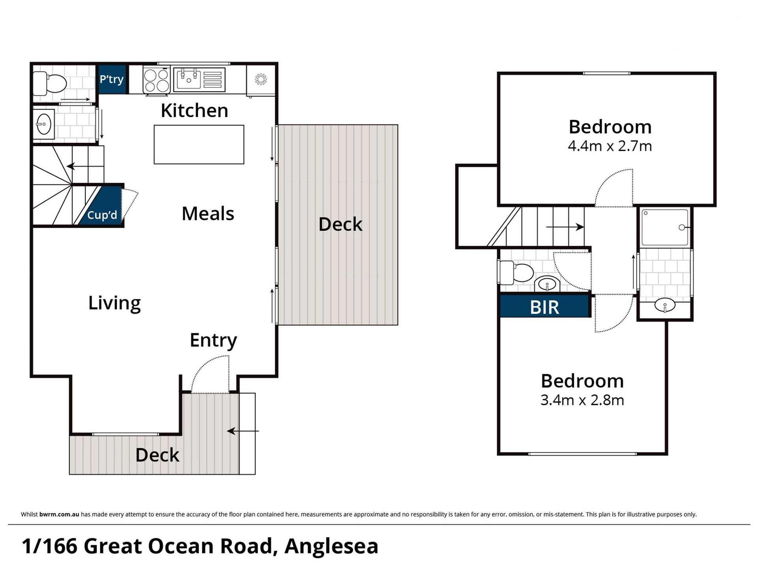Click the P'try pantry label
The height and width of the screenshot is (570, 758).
tap(112, 79)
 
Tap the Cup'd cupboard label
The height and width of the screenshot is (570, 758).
tap(102, 215)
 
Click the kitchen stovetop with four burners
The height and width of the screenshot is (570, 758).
tap(156, 80)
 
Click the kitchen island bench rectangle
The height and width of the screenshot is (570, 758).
tap(199, 144)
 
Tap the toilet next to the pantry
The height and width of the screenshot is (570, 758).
tap(50, 83)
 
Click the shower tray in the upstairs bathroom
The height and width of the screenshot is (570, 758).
tap(665, 227)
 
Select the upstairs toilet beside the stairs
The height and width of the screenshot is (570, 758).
tap(516, 273)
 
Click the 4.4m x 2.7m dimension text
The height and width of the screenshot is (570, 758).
tap(610, 146)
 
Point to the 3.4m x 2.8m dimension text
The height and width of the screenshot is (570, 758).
tap(582, 400)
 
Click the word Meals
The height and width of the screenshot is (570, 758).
tap(208, 213)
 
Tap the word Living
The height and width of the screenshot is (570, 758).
tap(114, 303)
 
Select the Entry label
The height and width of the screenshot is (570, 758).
tap(213, 340)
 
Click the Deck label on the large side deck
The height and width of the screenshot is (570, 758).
tap(340, 224)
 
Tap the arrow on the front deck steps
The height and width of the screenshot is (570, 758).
tap(243, 431)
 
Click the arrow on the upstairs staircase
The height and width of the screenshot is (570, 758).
tap(565, 227)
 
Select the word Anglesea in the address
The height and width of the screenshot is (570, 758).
tap(331, 546)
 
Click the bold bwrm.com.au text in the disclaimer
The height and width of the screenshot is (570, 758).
tap(59, 514)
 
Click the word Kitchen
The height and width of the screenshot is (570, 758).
tap(194, 110)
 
